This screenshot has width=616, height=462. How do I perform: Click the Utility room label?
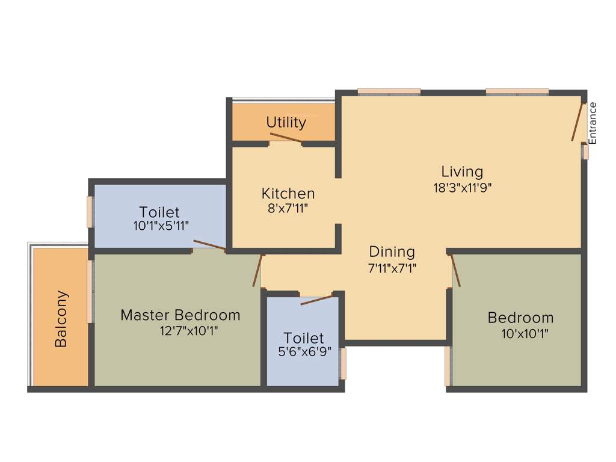pyautogui.click(x=286, y=123)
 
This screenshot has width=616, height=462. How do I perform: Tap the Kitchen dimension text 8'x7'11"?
pyautogui.click(x=288, y=208)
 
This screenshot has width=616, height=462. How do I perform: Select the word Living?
pyautogui.click(x=462, y=171)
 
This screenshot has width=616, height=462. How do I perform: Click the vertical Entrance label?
pyautogui.click(x=593, y=123)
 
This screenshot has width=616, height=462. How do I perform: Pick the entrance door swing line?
pyautogui.click(x=578, y=123)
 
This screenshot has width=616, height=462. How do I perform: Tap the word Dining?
pyautogui.click(x=392, y=251)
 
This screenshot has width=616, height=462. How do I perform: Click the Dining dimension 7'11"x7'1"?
pyautogui.click(x=392, y=268)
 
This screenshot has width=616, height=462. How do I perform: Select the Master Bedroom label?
pyautogui.click(x=180, y=315)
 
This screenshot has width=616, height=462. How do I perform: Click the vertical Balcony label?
pyautogui.click(x=61, y=319)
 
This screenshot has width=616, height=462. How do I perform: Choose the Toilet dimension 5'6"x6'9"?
pyautogui.click(x=303, y=353)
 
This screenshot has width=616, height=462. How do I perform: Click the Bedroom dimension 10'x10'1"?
pyautogui.click(x=525, y=333)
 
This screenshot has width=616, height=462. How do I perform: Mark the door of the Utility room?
pyautogui.click(x=286, y=138)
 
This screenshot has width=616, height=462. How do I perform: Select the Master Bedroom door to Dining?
pyautogui.click(x=258, y=271)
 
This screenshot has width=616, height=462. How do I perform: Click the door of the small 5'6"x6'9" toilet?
pyautogui.click(x=316, y=299)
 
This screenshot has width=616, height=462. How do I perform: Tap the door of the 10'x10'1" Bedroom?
pyautogui.click(x=455, y=269)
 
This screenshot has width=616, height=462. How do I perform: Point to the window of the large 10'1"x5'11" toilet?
pyautogui.click(x=90, y=212)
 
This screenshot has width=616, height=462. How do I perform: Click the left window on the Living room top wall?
pyautogui.click(x=389, y=92)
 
